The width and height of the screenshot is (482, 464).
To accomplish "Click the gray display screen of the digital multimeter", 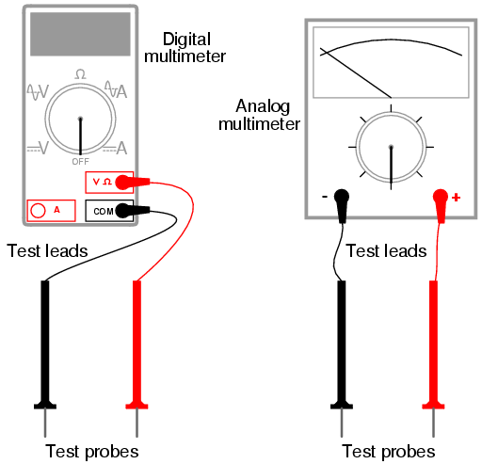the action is point(80,34).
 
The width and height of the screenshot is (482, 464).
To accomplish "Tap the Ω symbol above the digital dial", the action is point(80,74).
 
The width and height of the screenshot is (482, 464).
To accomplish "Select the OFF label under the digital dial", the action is point(81,162).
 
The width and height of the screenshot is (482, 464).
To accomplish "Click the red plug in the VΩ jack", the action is point(132,183).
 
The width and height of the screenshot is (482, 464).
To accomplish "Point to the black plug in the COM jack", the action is point(132,211).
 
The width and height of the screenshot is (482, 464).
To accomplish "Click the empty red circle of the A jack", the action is point(38,211).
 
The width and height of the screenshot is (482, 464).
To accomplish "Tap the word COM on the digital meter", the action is point(104,212).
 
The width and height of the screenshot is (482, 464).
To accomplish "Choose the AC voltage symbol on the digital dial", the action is point(38,92).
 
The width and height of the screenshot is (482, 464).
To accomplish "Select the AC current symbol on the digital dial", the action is point(116,89).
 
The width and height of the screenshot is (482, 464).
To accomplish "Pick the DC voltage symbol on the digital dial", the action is point(38,148).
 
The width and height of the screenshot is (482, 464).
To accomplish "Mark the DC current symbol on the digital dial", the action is point(115,148).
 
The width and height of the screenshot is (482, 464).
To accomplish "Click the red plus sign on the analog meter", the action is point(456,198).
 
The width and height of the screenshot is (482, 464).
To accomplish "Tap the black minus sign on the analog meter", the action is point(325,197).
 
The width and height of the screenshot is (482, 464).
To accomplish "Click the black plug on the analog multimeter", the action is point(342,206).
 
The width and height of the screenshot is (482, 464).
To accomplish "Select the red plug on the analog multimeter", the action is point(441,206).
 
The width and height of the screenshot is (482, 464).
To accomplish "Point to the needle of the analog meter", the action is point(356,72).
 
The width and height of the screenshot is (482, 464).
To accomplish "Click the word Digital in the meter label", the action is point(186,40).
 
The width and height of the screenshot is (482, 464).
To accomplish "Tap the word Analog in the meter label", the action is point(263,107).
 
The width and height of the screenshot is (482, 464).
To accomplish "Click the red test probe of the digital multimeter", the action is point(137,359).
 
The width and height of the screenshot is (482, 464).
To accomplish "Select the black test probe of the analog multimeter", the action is point(342,359).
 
